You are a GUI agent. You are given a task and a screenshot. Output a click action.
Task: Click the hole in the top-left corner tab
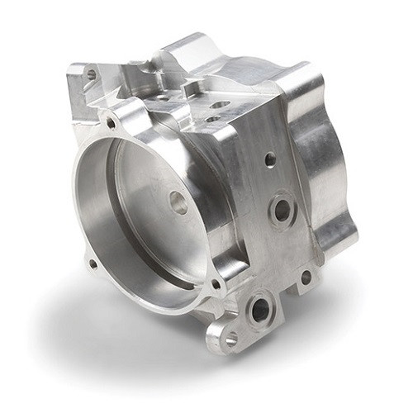[x=91, y=74]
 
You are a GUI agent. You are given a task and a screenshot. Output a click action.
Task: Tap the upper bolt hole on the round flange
[x=111, y=124]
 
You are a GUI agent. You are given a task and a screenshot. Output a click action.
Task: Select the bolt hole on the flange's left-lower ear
[x=93, y=264]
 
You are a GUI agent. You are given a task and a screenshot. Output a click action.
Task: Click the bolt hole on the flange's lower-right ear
[x=216, y=284]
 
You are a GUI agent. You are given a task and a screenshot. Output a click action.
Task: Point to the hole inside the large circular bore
[x=178, y=202]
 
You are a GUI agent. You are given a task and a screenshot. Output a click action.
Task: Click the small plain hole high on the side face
[x=270, y=159]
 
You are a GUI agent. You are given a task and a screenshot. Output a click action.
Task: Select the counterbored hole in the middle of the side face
[x=282, y=210]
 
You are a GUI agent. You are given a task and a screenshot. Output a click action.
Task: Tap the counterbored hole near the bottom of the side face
[x=260, y=309]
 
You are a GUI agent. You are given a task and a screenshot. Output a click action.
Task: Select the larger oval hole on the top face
[x=220, y=105]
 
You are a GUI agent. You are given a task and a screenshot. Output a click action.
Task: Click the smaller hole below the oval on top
[x=213, y=119]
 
